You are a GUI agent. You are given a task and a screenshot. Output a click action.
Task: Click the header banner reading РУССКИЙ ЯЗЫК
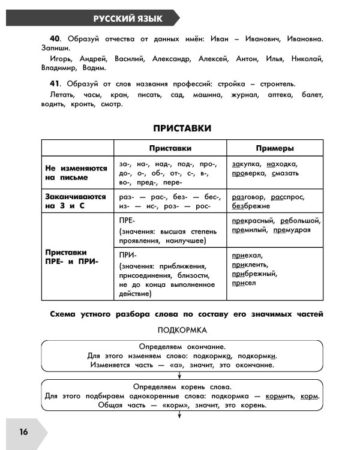coord(127,19)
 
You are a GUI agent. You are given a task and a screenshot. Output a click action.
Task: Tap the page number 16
coord(23,432)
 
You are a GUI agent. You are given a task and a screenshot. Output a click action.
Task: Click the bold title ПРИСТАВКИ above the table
coord(182,128)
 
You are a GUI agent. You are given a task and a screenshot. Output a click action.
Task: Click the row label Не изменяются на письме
coord(76,173)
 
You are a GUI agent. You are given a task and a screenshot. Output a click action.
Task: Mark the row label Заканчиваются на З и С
coord(76,201)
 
